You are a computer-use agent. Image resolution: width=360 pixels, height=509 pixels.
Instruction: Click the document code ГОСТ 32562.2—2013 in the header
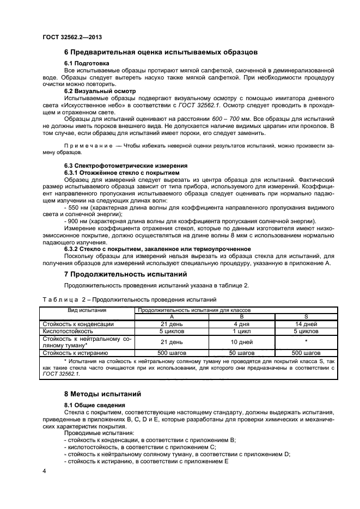pos(72,37)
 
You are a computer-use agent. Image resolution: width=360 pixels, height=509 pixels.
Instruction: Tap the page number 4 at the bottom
pos(44,469)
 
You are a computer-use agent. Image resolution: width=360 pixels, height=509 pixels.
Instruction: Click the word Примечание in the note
pos(87,146)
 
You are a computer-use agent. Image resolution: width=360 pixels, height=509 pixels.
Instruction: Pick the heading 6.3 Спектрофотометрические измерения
pos(126,165)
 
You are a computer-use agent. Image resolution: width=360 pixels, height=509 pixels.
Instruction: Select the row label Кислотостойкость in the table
pos(66,330)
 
